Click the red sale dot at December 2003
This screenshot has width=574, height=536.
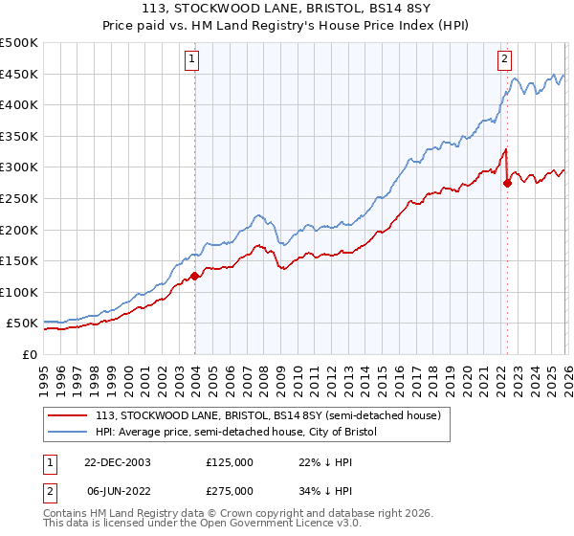point(195,276)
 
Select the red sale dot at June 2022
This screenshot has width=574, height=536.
point(507,183)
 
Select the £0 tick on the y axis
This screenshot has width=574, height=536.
point(29,354)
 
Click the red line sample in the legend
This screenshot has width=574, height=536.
point(68,415)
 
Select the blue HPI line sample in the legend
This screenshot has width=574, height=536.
point(68,432)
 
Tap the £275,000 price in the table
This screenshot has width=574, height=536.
point(229,490)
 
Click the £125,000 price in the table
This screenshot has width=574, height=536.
point(229,461)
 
